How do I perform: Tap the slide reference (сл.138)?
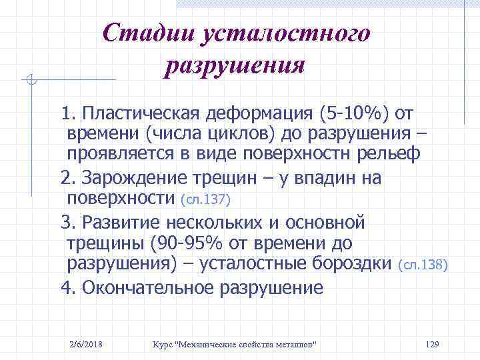(x=423, y=265)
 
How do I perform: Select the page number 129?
(x=431, y=344)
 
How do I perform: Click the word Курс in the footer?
(x=163, y=344)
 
